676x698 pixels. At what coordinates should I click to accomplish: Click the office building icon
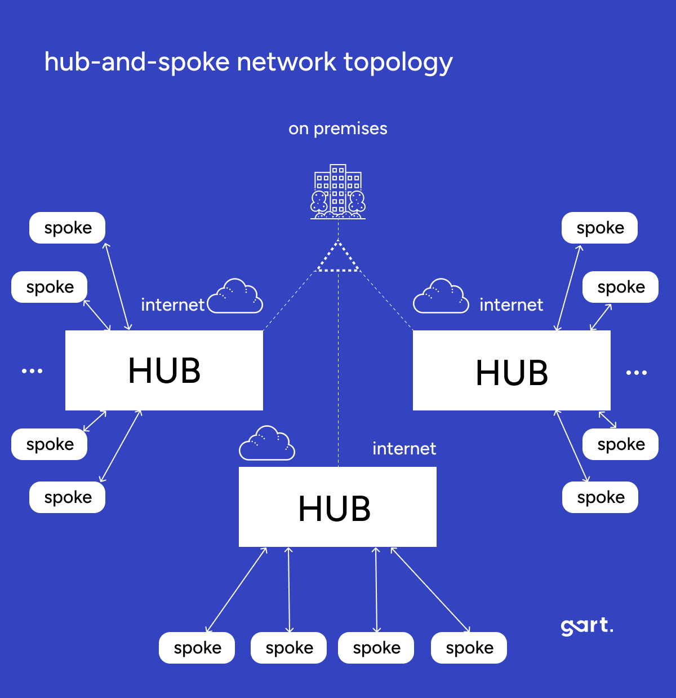point(338,192)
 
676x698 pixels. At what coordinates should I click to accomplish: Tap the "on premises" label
point(338,129)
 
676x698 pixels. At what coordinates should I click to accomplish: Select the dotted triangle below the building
point(337,258)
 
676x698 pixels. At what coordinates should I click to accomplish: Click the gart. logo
point(586,626)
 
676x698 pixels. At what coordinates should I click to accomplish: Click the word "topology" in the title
point(398,62)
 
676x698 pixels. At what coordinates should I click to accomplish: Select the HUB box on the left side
point(164,370)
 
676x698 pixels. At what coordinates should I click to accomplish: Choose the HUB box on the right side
point(512,370)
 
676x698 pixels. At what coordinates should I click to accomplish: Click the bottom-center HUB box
point(337,507)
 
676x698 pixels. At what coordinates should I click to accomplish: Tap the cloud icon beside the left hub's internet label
point(235,297)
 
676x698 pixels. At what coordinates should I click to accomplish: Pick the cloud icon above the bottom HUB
point(267,444)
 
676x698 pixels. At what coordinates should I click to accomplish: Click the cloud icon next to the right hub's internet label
point(441,297)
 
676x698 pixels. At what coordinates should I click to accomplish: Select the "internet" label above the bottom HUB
point(404,449)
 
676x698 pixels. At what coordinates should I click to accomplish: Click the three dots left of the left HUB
point(32,371)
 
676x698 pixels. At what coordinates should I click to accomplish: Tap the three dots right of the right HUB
point(637,373)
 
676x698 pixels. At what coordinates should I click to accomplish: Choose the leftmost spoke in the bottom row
point(197,648)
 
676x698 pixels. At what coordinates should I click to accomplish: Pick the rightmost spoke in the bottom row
point(469,648)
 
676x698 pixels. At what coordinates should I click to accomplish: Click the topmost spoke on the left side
point(68,228)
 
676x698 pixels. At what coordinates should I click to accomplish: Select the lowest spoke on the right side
point(600,497)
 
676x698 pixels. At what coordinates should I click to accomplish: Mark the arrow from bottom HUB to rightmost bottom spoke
point(430,590)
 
